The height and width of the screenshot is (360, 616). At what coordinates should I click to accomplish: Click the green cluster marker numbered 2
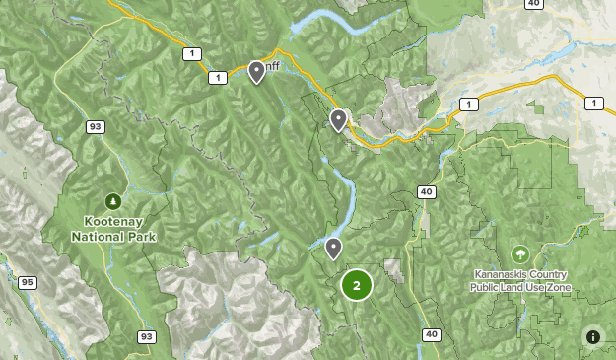(356, 285)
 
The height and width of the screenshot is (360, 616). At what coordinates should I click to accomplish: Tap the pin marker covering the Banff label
(256, 72)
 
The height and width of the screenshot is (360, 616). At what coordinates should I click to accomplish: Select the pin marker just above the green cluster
(334, 248)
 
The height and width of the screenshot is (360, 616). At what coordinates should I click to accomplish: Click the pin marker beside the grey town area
(338, 120)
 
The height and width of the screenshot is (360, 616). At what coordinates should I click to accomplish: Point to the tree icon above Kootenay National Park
(113, 201)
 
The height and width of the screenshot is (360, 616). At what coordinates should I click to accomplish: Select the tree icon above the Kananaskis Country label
(519, 253)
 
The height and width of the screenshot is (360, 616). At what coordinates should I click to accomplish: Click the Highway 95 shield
(27, 283)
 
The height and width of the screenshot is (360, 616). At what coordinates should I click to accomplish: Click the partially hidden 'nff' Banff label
(271, 68)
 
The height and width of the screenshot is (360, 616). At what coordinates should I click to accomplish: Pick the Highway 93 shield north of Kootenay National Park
(96, 127)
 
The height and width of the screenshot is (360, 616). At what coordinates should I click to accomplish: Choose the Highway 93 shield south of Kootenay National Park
(146, 337)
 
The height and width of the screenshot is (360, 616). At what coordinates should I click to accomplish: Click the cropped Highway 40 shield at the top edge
(533, 4)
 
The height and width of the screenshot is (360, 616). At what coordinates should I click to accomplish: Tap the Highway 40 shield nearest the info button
(431, 335)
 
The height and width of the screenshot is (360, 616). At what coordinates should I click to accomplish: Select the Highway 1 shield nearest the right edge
(593, 103)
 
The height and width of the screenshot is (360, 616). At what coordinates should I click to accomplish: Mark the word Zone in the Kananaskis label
(557, 287)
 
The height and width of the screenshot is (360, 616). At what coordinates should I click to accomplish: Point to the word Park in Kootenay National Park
(141, 237)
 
